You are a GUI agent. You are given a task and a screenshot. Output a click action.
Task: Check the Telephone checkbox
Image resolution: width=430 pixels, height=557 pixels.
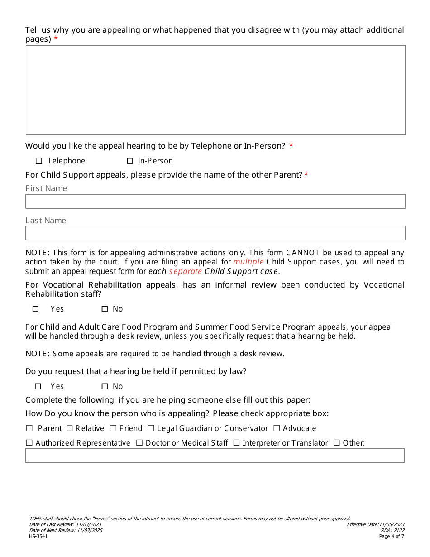[38, 161]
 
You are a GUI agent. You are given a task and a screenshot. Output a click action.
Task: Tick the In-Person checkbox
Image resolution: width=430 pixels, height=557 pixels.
[130, 161]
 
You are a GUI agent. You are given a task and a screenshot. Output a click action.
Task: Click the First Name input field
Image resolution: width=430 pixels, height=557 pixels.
[215, 202]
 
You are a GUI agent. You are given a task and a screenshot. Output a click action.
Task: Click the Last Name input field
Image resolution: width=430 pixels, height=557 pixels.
[215, 233]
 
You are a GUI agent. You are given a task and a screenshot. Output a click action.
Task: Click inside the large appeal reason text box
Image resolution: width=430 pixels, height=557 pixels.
[215, 90]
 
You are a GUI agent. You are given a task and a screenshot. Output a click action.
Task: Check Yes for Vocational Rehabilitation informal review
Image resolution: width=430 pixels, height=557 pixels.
[36, 309]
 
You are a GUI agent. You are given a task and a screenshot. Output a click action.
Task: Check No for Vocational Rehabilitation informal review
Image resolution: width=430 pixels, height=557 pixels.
[105, 309]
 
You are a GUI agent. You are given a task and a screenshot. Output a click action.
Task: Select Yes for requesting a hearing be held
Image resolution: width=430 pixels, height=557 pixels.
[38, 386]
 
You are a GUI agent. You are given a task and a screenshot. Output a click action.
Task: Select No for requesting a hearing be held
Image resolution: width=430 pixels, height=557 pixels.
[105, 386]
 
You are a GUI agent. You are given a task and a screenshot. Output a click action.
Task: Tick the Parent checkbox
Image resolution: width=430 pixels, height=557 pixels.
[29, 428]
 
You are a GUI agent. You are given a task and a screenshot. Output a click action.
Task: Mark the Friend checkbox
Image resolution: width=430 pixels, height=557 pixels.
[113, 428]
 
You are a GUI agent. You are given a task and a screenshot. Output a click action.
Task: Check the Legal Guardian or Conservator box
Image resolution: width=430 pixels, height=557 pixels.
[151, 428]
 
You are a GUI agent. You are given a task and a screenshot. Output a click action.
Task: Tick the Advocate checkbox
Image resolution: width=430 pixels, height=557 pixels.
[277, 428]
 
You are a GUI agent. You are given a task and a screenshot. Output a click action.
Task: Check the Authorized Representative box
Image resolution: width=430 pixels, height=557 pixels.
[29, 443]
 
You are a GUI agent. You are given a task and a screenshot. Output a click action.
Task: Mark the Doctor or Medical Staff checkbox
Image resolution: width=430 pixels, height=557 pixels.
[139, 443]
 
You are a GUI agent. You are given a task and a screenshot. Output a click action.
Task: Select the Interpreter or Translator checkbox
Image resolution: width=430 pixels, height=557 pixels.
[236, 443]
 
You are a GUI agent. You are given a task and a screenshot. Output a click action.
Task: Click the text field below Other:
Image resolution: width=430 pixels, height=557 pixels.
[215, 456]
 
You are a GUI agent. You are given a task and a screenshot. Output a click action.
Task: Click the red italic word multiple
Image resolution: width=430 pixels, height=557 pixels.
[248, 262]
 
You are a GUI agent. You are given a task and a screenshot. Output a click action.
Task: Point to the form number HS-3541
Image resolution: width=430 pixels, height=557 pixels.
[38, 536]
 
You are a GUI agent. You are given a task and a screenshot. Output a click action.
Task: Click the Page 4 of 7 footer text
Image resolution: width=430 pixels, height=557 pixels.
[392, 536]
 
